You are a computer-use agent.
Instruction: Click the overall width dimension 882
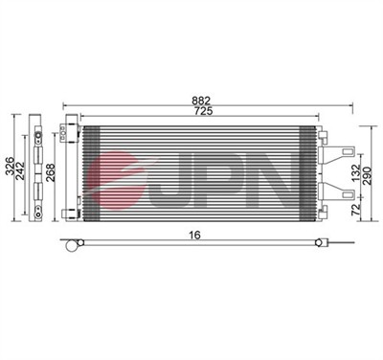coord(200,100)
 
